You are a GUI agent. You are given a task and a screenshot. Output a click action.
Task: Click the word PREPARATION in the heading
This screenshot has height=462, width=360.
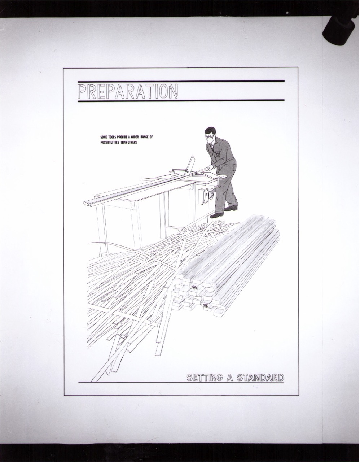[128, 91]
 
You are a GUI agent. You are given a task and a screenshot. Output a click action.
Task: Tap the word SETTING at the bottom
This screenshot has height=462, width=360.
[205, 378]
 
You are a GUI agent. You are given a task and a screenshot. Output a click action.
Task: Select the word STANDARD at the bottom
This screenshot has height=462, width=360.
[260, 378]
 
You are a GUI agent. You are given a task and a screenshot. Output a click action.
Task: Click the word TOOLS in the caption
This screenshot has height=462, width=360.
[112, 137]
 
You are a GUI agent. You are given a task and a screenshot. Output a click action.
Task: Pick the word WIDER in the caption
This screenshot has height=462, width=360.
[135, 137]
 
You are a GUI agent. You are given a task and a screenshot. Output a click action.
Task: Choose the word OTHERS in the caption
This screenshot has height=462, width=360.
[132, 142]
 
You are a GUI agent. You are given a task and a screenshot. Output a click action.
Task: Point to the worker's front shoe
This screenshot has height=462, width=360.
[217, 215]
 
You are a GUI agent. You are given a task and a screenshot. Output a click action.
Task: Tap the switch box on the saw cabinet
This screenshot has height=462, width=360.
[202, 196]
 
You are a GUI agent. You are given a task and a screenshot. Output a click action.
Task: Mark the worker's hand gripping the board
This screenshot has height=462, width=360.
[211, 168]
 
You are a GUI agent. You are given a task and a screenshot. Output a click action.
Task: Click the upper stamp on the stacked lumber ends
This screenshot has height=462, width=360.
[194, 287]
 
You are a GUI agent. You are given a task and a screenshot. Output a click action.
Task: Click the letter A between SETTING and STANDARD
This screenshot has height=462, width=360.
[229, 378]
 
